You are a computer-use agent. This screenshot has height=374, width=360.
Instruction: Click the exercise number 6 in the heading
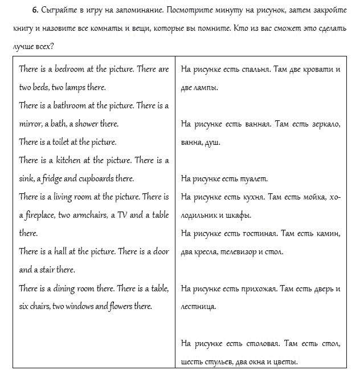[35, 10]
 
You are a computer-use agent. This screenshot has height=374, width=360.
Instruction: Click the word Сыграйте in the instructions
[58, 10]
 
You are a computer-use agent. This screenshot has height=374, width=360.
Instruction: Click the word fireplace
[38, 215]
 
